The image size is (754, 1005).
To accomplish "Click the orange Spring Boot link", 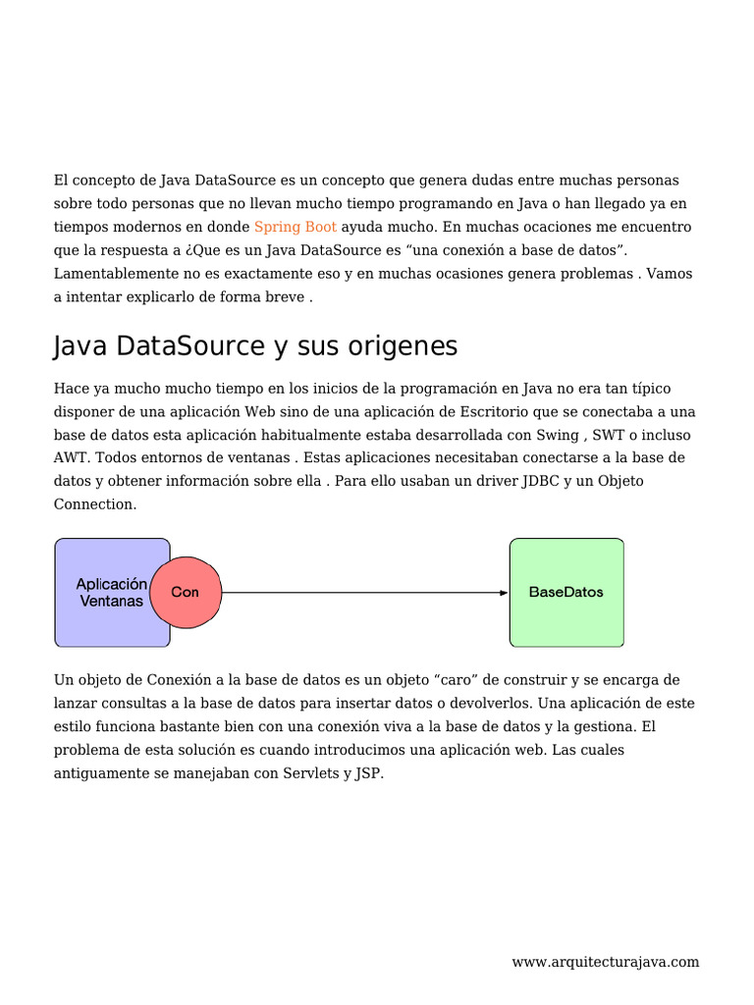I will click(295, 228).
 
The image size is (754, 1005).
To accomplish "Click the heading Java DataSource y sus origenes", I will click(255, 346).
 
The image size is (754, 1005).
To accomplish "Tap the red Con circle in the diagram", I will click(186, 592).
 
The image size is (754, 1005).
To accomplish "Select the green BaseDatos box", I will click(566, 592).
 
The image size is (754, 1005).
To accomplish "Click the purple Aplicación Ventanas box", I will click(103, 592).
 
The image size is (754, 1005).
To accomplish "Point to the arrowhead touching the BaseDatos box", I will click(504, 593).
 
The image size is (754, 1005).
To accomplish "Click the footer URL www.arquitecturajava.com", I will click(605, 962).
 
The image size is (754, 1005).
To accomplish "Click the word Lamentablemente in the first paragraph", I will click(111, 274).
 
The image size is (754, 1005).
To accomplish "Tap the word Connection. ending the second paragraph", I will click(95, 504).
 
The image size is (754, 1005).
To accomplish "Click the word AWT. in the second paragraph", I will click(72, 458).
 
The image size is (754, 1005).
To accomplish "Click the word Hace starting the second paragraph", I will click(71, 389).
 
